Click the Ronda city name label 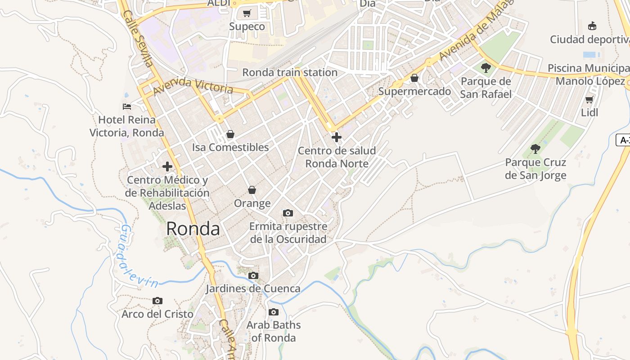193,229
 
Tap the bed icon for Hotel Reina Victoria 127,107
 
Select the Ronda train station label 290,72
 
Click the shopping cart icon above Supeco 247,13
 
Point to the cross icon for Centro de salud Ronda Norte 336,137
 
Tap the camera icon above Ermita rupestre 288,213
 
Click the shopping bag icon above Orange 252,190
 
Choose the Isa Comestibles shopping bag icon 230,134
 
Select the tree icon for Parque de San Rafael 486,68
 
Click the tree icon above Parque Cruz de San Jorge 535,149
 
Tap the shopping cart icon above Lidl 589,99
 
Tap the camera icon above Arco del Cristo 157,301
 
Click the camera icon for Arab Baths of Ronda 274,312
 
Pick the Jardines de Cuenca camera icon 253,275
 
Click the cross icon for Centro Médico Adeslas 167,166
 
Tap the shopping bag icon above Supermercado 414,78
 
